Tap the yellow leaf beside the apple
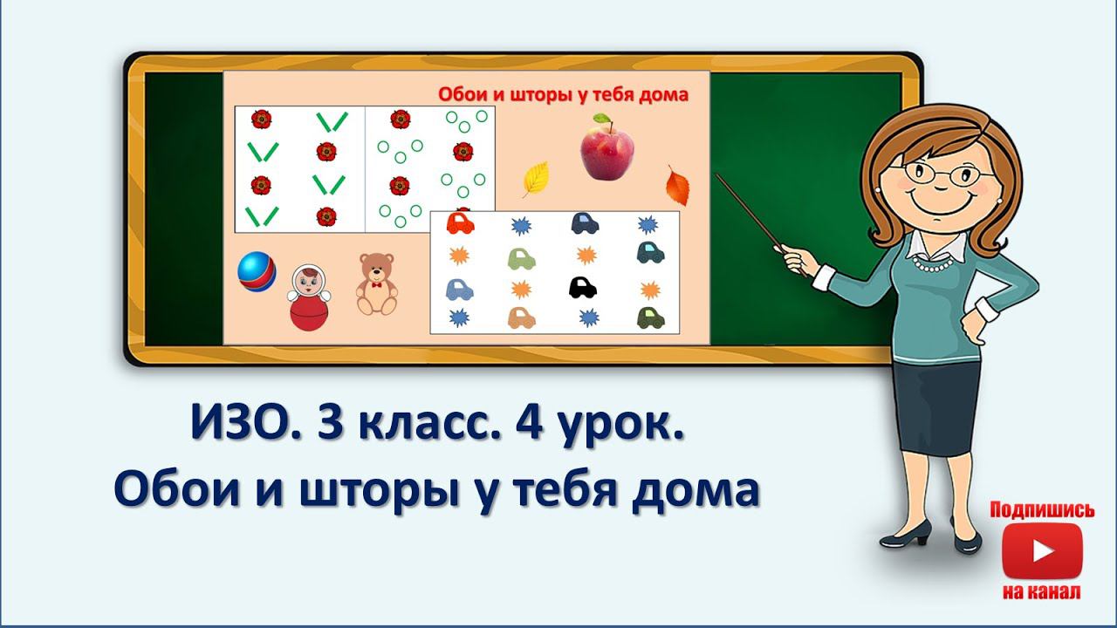(535, 178)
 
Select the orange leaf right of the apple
(677, 186)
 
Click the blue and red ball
(257, 271)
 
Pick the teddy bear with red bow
(376, 283)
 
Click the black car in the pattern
(581, 286)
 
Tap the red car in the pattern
(460, 223)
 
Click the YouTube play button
(1041, 551)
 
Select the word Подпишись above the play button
(1041, 510)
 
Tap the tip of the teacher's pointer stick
(717, 175)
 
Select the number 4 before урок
(525, 427)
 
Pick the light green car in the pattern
(521, 258)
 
